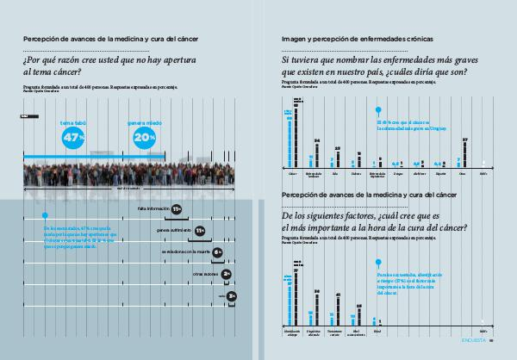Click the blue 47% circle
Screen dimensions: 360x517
tap(74, 137)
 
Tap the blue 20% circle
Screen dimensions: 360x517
tap(144, 137)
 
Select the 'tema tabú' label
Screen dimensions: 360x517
tap(73, 123)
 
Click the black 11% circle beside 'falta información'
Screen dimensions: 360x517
tap(176, 209)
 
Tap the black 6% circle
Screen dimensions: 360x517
tap(218, 252)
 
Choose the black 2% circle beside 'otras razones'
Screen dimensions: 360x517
tap(226, 274)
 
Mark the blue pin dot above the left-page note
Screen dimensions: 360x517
tap(45, 215)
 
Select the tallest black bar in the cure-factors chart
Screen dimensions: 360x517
tap(296, 296)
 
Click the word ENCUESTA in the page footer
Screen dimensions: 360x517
tap(475, 351)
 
